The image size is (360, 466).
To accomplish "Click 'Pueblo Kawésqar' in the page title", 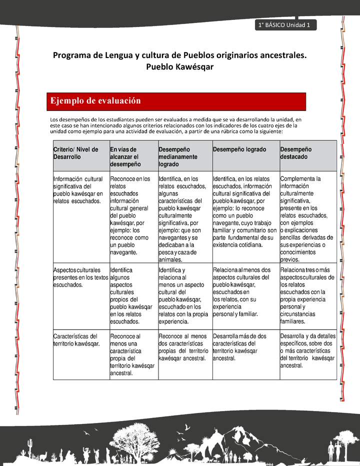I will coord(179,66).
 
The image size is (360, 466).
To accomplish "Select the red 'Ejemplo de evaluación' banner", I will coord(176,101).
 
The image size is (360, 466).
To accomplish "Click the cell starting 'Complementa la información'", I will coord(307,218).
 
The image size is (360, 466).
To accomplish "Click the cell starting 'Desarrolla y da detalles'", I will coord(307,350).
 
